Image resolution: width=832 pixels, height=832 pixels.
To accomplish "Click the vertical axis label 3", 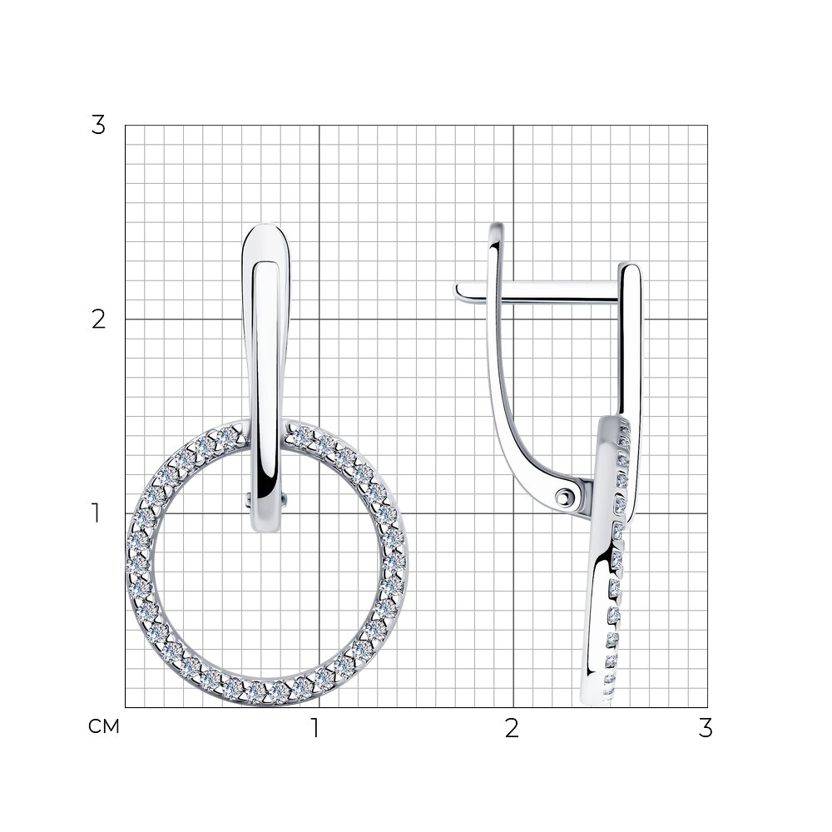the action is pos(98,126).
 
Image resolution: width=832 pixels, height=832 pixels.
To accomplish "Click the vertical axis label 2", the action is pos(99,320).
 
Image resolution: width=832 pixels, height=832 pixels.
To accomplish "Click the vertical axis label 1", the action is pos(96,513).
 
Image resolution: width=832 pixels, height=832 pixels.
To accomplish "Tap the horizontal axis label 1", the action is pos(315,729).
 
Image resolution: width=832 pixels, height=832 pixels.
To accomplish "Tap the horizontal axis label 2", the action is pos(512,729).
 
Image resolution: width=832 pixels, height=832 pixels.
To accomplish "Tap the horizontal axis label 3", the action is pos(706,729).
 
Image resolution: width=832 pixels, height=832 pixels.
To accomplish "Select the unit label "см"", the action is pos(104,726).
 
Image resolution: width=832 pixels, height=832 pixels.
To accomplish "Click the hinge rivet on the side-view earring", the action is pos(563,498).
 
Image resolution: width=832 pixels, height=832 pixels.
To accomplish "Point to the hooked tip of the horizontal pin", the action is pos(457,291).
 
